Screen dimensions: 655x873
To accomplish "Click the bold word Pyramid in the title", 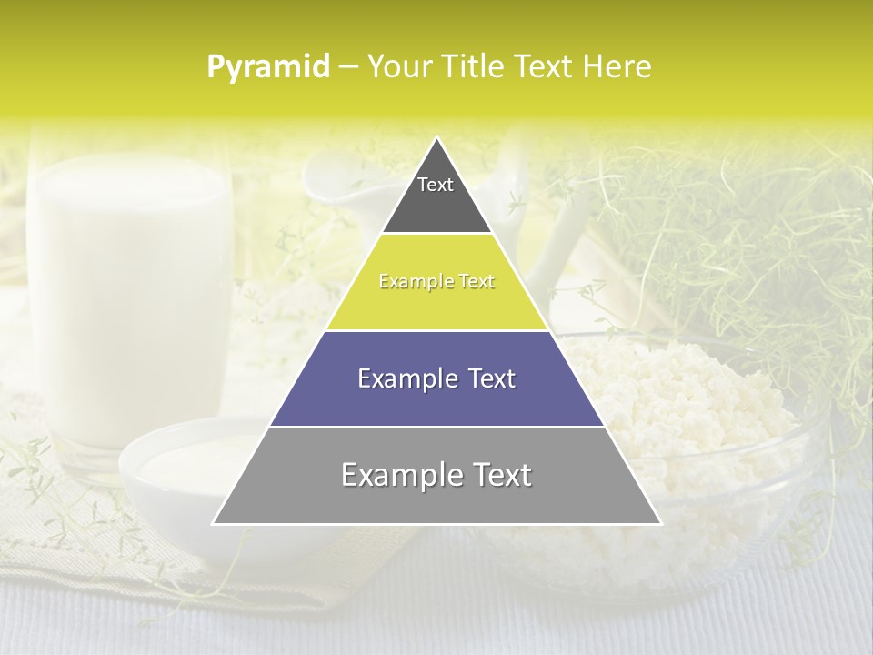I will pos(267,67).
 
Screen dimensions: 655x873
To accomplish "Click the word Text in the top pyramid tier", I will pos(436,185).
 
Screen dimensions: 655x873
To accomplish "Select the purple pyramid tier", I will pos(436,400).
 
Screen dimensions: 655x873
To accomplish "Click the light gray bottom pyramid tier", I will pos(436,500).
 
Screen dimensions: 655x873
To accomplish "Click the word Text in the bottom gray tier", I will pos(498,475).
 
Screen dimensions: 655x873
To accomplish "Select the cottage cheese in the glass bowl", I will pos(691,400).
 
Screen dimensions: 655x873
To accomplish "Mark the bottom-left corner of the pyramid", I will pos(213,524).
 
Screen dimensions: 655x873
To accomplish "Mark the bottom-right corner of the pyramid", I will pos(661,524).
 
